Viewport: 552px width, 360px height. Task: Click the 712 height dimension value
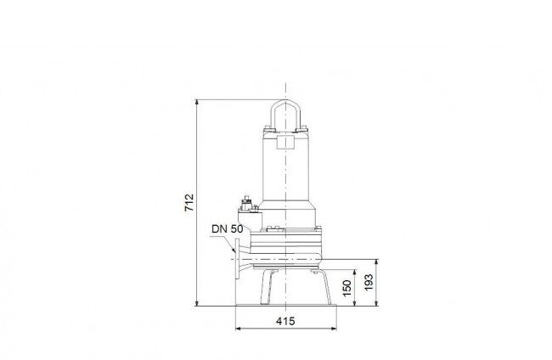(189, 202)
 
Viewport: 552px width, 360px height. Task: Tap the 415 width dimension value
(285, 321)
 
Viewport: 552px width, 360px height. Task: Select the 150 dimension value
(346, 288)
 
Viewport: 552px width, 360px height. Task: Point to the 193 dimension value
(369, 282)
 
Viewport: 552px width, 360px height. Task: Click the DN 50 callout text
(227, 229)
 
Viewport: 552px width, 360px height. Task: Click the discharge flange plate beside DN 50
(237, 259)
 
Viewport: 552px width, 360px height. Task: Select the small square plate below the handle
(285, 142)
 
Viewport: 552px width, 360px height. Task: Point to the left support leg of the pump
(268, 287)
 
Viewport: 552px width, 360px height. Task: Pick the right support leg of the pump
(322, 286)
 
